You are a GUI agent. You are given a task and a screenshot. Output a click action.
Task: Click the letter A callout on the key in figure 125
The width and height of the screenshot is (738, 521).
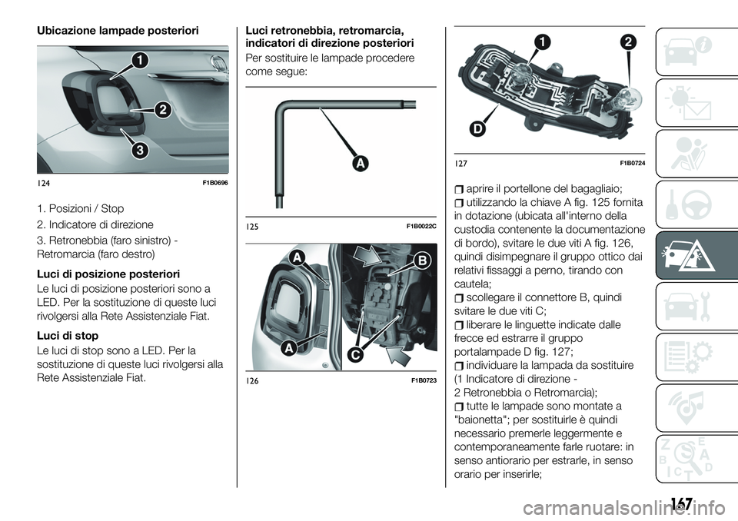359,164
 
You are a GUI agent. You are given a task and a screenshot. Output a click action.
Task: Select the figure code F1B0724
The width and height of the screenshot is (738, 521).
630,163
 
